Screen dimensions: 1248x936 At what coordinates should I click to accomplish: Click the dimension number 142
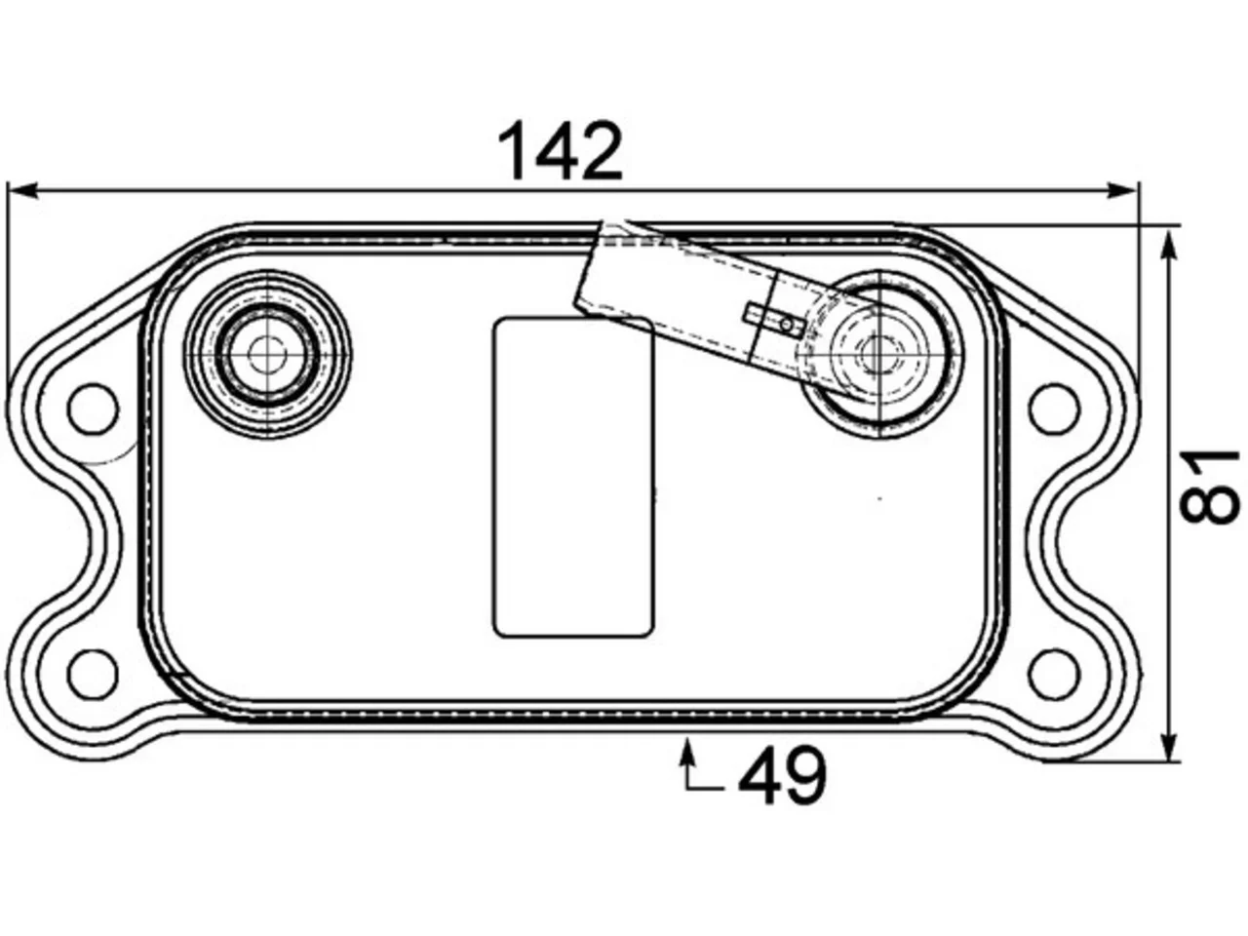click(560, 151)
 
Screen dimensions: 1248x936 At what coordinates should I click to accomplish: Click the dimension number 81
click(1209, 487)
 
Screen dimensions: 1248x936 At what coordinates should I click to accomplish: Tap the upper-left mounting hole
click(94, 409)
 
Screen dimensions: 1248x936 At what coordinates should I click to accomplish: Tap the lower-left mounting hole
click(94, 674)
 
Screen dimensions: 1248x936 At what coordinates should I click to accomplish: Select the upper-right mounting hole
click(1054, 409)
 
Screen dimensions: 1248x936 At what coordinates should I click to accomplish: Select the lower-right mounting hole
click(1054, 675)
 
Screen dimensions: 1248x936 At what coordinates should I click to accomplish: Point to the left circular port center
click(267, 355)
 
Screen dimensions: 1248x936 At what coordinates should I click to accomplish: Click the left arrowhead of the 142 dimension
click(23, 191)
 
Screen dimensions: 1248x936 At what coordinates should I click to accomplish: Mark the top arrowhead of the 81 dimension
click(1168, 245)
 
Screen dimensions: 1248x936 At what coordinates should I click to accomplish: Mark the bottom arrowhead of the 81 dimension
click(1168, 746)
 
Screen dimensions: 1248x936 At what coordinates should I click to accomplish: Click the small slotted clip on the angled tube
click(775, 317)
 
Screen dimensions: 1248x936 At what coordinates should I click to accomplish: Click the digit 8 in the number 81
click(1209, 505)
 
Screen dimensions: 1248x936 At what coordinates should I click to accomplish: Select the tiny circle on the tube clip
click(786, 325)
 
